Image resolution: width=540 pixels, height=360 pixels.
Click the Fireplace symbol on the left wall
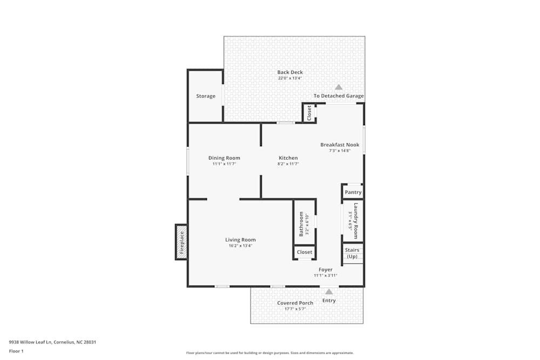tap(181, 242)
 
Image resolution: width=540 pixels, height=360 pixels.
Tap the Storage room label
tap(206, 96)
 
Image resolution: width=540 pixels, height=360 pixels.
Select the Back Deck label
tap(290, 72)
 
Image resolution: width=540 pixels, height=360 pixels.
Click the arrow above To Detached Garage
tap(339, 87)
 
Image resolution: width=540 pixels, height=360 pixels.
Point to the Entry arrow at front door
tap(329, 292)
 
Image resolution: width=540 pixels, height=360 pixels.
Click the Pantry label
tap(353, 192)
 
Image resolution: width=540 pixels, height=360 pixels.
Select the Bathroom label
tap(301, 223)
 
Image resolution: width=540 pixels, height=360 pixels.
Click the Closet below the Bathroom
tap(305, 252)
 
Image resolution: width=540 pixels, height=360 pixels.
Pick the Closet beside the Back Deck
tap(309, 113)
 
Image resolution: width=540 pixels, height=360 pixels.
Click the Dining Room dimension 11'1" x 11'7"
tap(224, 164)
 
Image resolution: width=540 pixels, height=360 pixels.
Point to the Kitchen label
tap(288, 158)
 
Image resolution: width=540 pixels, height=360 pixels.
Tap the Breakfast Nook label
tap(340, 145)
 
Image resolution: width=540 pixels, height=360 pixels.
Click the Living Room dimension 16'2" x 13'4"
tap(240, 246)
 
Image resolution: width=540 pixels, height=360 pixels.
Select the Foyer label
tap(326, 269)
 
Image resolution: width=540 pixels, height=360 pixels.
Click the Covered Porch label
tap(295, 303)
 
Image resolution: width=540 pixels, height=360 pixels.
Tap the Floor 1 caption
tap(16, 351)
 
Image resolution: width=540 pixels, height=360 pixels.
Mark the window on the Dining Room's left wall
tap(187, 161)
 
